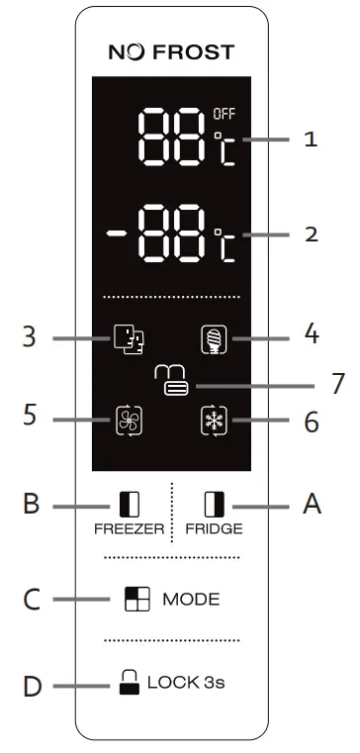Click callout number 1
pos(311,139)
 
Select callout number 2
pos(311,235)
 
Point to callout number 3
pos(31,337)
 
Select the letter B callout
pos(31,505)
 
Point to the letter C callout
pos(31,600)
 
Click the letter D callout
pos(31,684)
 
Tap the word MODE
pos(191,600)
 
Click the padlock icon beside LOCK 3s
pos(129,681)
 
